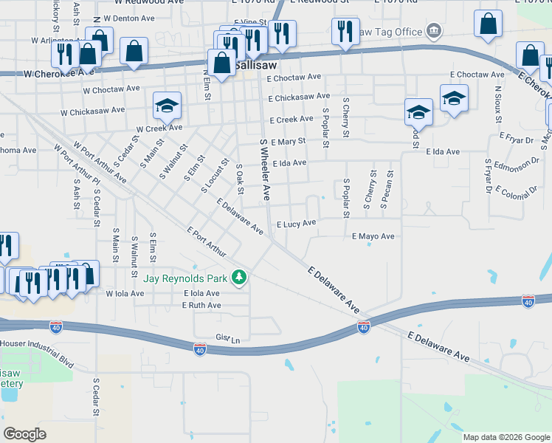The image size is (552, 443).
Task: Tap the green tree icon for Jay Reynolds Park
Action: click(x=238, y=278)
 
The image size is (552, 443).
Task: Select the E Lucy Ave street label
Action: click(x=296, y=224)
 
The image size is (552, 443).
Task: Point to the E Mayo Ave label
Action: click(x=373, y=236)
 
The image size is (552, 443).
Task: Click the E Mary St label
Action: click(x=288, y=141)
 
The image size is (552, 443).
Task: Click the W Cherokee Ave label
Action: click(x=59, y=74)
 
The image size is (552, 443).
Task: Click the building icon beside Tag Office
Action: click(x=433, y=32)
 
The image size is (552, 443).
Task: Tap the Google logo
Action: click(x=25, y=433)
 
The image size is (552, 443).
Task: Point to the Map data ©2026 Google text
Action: click(x=506, y=437)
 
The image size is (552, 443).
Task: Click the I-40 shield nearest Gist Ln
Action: click(x=200, y=348)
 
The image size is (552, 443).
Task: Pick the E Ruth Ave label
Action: click(x=201, y=305)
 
